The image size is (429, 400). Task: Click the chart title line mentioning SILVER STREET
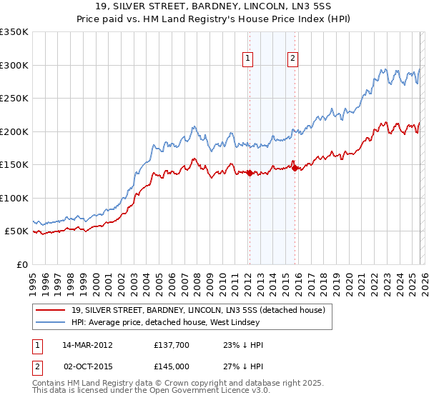click(214, 7)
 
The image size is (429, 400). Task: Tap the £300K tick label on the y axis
click(14, 65)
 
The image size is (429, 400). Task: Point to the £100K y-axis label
click(14, 198)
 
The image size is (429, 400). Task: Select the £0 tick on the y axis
click(21, 264)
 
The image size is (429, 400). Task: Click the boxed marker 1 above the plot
click(248, 59)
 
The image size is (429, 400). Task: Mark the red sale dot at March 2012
click(250, 173)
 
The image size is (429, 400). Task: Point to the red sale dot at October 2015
click(295, 168)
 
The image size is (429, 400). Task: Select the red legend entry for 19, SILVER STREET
click(198, 310)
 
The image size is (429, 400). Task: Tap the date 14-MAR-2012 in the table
click(82, 344)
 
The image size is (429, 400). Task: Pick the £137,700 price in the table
click(169, 344)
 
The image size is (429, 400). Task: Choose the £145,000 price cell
click(169, 366)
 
